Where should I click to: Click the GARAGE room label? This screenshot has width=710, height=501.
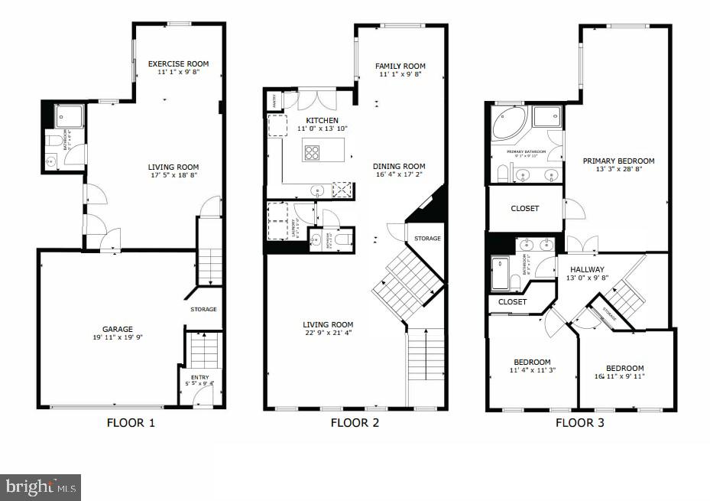coord(118,330)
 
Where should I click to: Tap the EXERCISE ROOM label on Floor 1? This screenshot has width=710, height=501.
coord(178,64)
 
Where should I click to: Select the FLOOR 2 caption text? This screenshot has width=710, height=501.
coord(355,422)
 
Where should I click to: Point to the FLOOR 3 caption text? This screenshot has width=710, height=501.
coord(579,422)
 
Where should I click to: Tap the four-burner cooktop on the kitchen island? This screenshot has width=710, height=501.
coord(313,152)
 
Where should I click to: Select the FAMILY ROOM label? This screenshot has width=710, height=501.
coord(400,67)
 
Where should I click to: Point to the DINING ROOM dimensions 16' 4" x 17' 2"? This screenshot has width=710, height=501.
coord(399,175)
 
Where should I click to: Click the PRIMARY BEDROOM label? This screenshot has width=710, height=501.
coord(618,161)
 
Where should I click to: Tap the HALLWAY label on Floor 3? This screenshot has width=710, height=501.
coord(587,269)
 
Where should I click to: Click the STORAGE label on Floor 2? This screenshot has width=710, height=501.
coord(427,239)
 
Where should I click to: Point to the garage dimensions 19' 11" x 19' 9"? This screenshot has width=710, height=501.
coord(118,338)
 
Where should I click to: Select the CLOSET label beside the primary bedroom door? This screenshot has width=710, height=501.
coord(524,209)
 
